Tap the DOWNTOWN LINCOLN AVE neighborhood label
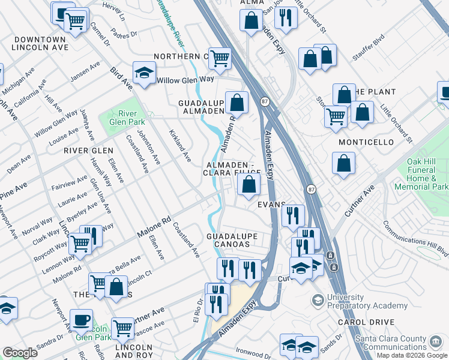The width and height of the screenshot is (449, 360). tap(37, 43)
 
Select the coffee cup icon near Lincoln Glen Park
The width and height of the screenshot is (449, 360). tap(81, 320)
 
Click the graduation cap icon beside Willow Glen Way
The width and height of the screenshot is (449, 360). tap(144, 73)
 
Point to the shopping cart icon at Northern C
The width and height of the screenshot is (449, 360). tap(220, 58)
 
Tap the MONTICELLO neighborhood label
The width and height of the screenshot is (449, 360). tap(366, 142)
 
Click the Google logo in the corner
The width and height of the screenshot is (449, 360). tap(20, 353)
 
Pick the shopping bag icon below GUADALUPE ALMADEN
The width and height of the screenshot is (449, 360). tap(237, 102)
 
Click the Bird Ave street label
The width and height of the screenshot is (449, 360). tap(121, 79)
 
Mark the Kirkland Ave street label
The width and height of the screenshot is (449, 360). tap(179, 146)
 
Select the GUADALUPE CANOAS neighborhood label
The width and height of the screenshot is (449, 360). tap(232, 240)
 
